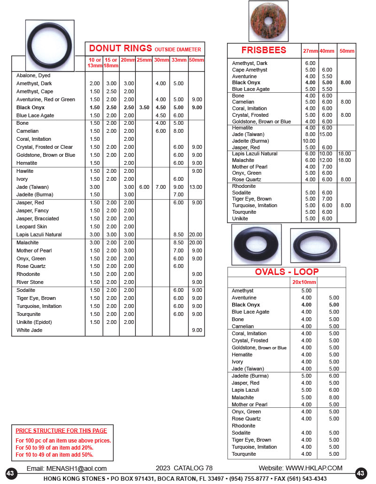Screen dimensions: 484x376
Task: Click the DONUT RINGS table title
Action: (x=120, y=48)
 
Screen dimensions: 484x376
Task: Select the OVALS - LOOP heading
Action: (x=287, y=272)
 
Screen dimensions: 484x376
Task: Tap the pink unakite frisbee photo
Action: (x=268, y=21)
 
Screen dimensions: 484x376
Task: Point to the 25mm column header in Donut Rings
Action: (x=144, y=60)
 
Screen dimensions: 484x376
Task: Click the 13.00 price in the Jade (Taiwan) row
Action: (x=196, y=187)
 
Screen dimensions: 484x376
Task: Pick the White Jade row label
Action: (x=29, y=330)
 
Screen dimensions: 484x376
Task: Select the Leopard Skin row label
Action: (x=32, y=226)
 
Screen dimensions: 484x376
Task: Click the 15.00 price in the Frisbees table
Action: (x=326, y=134)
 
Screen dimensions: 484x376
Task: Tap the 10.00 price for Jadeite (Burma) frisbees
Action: (x=309, y=141)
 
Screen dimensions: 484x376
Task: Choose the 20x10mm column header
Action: (x=304, y=282)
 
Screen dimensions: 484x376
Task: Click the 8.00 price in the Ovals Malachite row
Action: (x=334, y=397)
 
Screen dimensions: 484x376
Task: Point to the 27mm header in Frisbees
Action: (x=310, y=51)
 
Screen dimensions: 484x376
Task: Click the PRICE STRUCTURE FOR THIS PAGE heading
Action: (x=61, y=430)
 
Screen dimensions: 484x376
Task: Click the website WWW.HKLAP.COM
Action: (x=313, y=468)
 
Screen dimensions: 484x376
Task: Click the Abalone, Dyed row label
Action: (x=33, y=75)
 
